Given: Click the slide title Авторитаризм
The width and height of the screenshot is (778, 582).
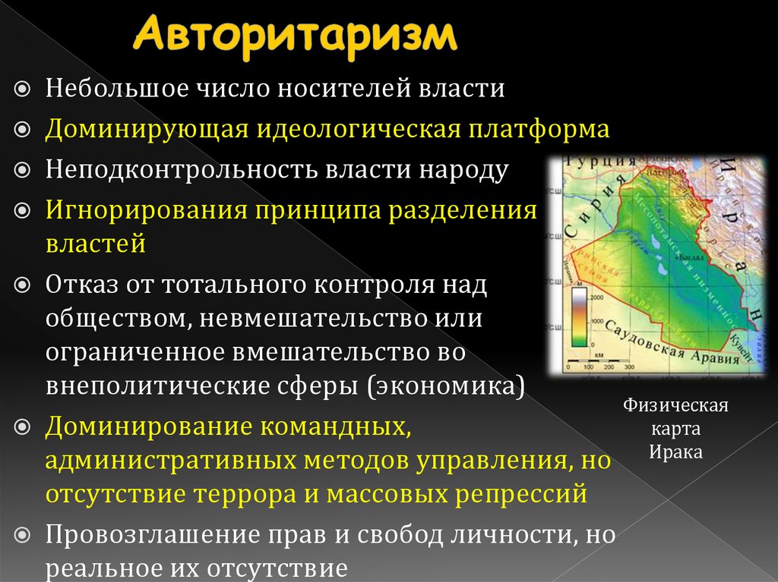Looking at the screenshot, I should tap(296, 36).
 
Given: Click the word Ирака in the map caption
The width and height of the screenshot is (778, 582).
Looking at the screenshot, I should tap(675, 452).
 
